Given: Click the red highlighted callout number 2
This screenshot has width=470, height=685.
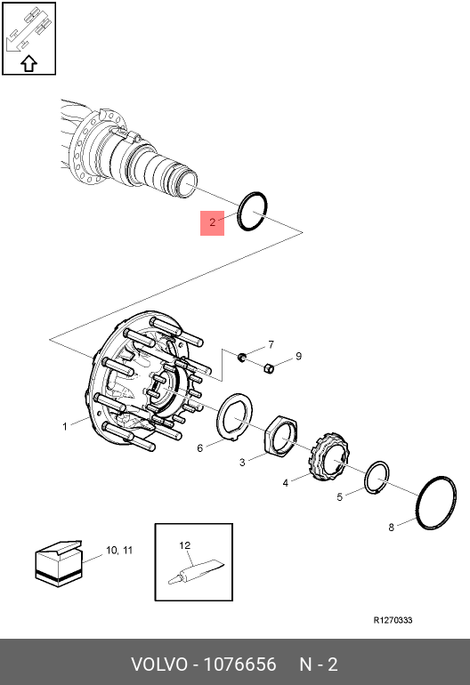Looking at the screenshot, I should coord(212,222).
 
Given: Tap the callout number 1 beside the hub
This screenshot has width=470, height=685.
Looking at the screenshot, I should coord(64,427).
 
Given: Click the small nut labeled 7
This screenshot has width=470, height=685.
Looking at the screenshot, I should coord(241,358).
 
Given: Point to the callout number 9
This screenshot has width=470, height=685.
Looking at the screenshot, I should coord(298,356).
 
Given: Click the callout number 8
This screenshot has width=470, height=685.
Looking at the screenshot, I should coord(391,527).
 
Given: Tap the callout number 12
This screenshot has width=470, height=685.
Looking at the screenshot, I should coord(185,544).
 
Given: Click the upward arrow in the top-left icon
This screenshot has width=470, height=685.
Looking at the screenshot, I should coord(28,62).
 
